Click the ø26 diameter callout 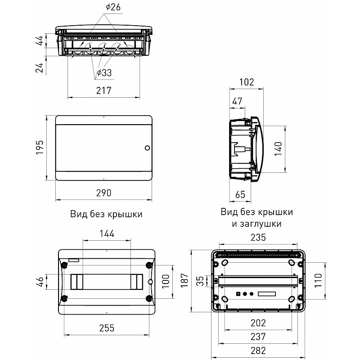[113, 7]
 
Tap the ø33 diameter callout [104, 73]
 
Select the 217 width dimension [104, 90]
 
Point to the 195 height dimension [40, 147]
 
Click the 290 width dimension [104, 193]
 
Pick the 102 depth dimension [247, 82]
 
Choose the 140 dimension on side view [278, 149]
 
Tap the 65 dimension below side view [240, 194]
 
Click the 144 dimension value [107, 234]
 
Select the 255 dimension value [107, 328]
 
